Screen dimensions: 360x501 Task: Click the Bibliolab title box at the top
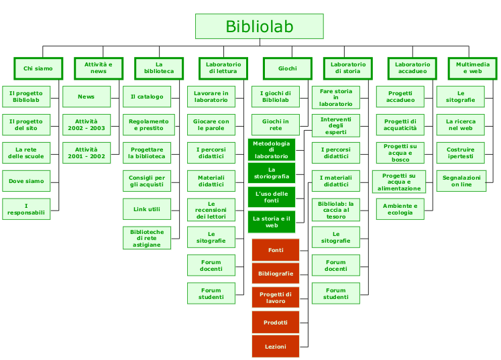(x=259, y=27)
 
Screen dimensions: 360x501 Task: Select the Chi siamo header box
(x=38, y=68)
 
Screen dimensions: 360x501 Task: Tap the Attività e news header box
(x=99, y=68)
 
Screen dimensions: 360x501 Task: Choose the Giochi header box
(x=288, y=68)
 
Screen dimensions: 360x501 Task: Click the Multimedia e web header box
(x=473, y=68)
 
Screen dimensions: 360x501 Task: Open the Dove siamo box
(x=26, y=181)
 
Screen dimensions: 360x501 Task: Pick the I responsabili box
(x=26, y=209)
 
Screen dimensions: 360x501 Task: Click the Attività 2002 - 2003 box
(x=87, y=125)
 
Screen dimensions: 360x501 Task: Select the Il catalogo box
(x=147, y=97)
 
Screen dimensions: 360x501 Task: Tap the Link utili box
(x=147, y=209)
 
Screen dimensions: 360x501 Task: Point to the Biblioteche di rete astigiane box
(x=147, y=237)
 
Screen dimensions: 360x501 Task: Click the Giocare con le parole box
(x=211, y=125)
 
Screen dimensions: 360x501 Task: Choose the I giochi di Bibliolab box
(x=276, y=97)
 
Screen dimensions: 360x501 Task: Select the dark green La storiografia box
(x=272, y=173)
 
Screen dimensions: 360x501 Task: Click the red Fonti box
(x=276, y=250)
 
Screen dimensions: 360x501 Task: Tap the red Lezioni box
(x=276, y=347)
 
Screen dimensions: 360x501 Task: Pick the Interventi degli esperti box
(x=336, y=125)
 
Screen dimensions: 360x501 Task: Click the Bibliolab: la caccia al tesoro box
(x=336, y=209)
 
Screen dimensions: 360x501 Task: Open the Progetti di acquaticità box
(x=400, y=125)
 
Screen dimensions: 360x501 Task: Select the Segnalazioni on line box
(x=461, y=181)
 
